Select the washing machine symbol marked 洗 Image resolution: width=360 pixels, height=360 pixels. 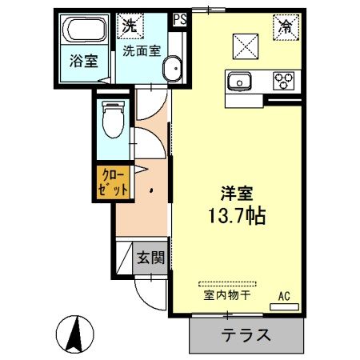(x=129, y=25)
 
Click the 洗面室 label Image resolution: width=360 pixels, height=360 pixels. (x=141, y=50)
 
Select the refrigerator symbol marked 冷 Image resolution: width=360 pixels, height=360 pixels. (x=285, y=26)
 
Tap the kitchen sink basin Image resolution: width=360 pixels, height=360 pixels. (x=239, y=80)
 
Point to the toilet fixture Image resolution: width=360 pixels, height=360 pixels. (x=112, y=121)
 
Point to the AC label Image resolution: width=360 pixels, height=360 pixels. (x=283, y=297)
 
